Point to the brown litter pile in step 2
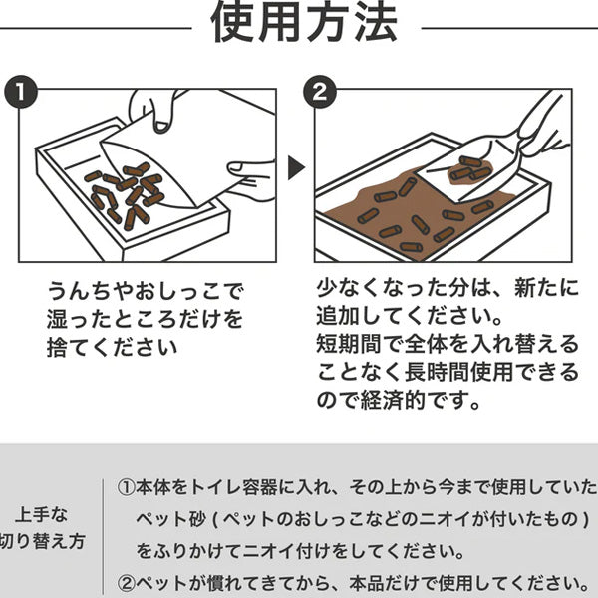pyautogui.click(x=419, y=214)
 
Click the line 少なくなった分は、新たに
pyautogui.click(x=447, y=289)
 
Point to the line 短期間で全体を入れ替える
pyautogui.click(x=447, y=344)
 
